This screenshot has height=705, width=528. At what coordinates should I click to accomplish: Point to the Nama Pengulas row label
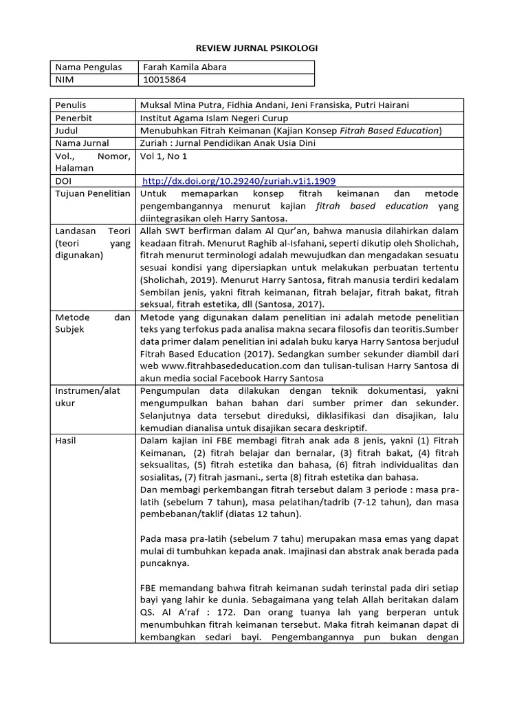[x=88, y=67]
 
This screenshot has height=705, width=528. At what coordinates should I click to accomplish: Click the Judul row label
[x=67, y=130]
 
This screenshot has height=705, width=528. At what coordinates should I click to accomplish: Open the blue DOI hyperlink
[x=239, y=181]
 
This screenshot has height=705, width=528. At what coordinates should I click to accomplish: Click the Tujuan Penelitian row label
[x=92, y=193]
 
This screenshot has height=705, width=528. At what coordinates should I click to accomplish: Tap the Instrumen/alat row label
[x=87, y=391]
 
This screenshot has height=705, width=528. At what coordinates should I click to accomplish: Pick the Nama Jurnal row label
[x=82, y=143]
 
